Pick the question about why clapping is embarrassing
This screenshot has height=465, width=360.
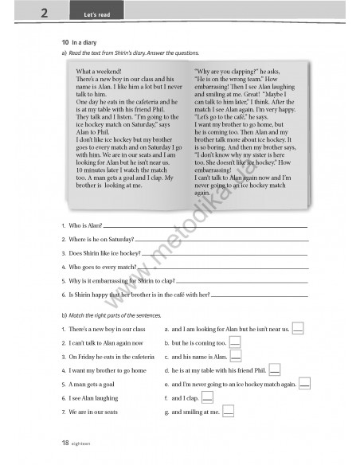(119, 280)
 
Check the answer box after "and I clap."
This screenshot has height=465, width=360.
(207, 397)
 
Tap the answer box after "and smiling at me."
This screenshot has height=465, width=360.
(228, 412)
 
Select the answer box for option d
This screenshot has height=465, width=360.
(274, 370)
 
